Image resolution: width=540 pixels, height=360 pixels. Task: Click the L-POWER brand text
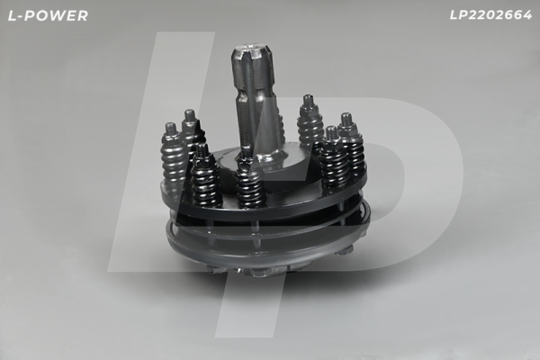pos(46,15)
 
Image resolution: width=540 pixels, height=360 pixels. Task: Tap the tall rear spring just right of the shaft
pos(310,126)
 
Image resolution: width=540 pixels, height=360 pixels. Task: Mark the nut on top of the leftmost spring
pos(171,130)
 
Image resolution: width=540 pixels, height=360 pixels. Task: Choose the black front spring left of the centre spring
pos(205,178)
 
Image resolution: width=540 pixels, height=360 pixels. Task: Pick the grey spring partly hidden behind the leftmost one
pos(191,135)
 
